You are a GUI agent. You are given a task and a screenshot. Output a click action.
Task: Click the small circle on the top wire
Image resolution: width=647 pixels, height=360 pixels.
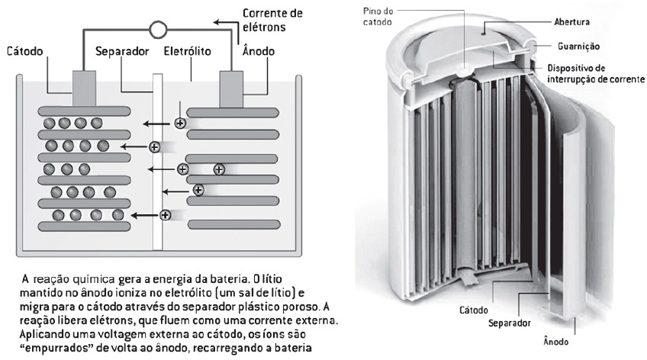[159, 30]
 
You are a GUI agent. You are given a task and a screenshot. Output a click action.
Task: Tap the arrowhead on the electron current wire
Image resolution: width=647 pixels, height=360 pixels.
[218, 23]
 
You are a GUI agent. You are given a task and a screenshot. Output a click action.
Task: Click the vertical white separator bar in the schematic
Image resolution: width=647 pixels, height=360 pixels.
[158, 168]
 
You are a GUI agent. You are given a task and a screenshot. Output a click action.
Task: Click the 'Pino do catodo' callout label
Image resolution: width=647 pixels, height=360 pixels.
[377, 15]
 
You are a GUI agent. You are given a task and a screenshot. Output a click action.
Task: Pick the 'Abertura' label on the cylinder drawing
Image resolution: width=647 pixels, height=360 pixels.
[574, 22]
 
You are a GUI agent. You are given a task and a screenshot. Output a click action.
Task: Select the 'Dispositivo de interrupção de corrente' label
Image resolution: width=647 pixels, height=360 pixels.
[595, 73]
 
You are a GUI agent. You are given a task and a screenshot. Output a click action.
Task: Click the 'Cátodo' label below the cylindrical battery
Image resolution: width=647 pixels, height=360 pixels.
[474, 310]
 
